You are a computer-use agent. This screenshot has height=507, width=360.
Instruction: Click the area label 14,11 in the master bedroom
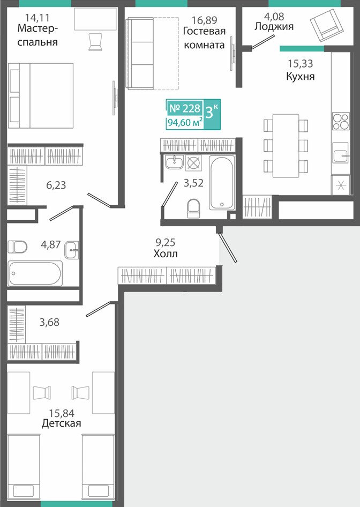37,18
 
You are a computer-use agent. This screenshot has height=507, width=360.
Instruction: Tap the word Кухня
300,76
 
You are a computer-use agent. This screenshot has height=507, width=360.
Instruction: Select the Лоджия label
274,26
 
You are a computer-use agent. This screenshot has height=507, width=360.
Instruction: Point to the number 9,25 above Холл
166,242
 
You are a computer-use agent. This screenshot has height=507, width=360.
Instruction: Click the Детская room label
62,423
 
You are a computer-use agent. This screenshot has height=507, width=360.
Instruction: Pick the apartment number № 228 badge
185,108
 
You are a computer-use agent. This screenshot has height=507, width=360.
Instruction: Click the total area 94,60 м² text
185,123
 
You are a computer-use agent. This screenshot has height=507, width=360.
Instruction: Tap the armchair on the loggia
325,25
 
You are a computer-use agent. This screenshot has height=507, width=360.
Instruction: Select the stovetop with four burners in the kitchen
341,121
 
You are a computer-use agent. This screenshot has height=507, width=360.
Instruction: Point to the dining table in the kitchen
286,145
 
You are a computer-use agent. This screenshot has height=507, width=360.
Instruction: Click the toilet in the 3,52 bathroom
193,208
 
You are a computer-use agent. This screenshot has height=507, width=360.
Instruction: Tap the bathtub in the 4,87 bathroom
35,273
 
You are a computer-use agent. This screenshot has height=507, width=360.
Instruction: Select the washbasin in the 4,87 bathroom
71,250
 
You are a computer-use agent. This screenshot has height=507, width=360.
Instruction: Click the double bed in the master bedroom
41,95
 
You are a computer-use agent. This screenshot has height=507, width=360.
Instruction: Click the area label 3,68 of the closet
49,323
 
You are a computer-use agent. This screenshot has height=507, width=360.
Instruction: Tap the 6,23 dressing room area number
56,185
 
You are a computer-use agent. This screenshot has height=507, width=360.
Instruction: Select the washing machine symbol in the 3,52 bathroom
193,162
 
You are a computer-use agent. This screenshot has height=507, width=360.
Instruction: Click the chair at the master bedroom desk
95,42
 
